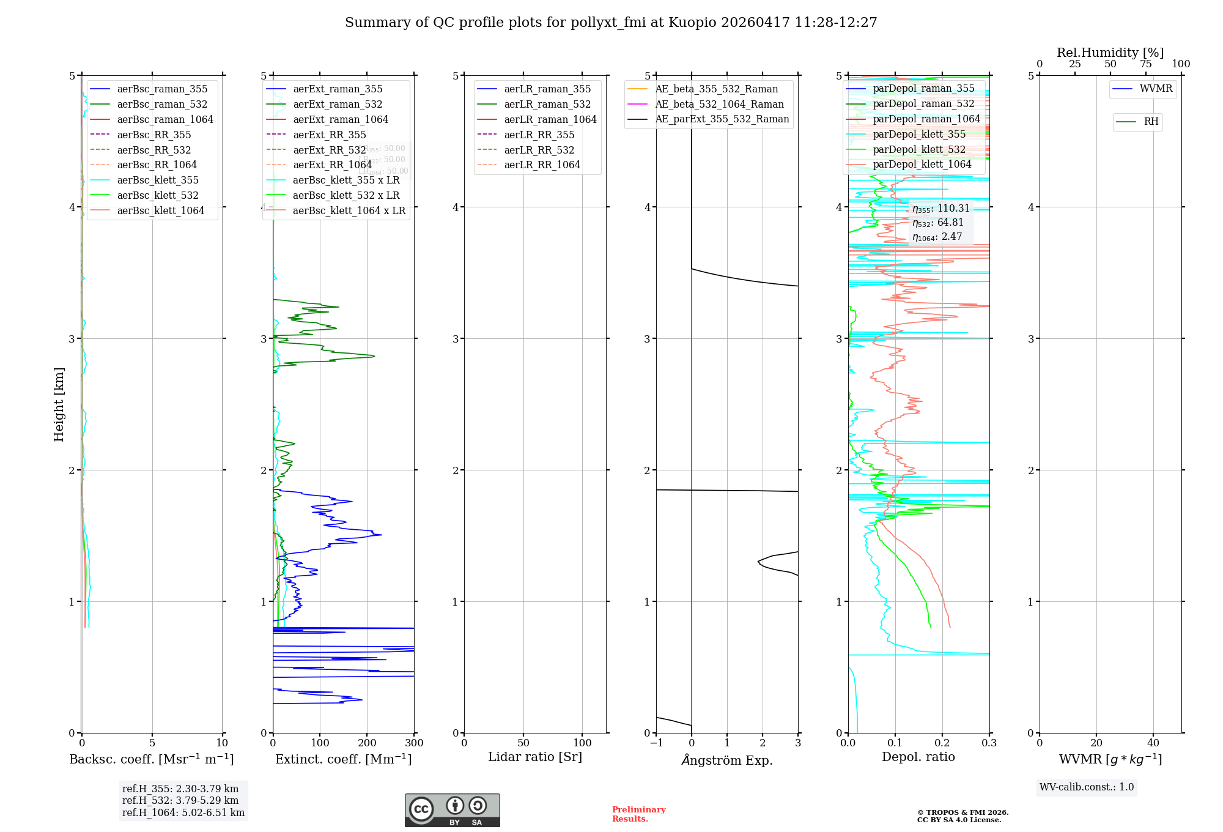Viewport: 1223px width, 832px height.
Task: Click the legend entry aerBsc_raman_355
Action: click(x=162, y=89)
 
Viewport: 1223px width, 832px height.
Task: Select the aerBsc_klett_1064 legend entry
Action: click(x=160, y=211)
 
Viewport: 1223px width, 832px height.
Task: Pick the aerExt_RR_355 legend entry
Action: click(x=329, y=135)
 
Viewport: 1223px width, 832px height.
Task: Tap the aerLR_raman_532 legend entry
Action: click(x=547, y=105)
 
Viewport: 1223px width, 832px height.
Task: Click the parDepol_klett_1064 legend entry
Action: click(x=922, y=165)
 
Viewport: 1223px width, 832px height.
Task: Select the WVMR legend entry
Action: click(x=1156, y=89)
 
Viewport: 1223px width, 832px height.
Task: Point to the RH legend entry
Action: click(x=1151, y=122)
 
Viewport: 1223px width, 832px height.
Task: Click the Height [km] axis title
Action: click(x=59, y=404)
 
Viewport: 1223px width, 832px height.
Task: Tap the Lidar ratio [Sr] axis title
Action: click(x=535, y=757)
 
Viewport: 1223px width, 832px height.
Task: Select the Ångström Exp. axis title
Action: click(x=727, y=760)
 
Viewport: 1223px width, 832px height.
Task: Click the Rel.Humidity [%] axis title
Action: click(x=1110, y=53)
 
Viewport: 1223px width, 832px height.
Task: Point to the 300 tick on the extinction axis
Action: click(x=414, y=743)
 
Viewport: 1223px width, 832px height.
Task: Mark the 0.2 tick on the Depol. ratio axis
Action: click(x=942, y=743)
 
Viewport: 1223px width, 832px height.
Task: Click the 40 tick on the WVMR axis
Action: click(x=1153, y=743)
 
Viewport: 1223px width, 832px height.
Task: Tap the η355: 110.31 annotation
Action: click(x=940, y=209)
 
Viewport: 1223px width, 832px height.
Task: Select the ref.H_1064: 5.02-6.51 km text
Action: click(x=183, y=813)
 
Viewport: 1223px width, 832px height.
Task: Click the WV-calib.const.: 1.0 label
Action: click(x=1087, y=787)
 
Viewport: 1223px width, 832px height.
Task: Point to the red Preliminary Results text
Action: click(x=638, y=814)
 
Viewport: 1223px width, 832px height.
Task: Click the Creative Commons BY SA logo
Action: click(x=452, y=811)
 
